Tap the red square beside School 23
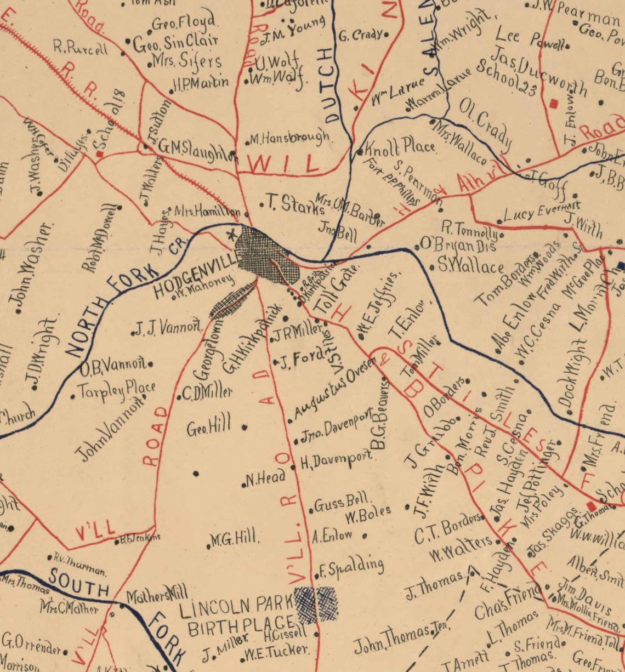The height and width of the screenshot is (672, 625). click(554, 102)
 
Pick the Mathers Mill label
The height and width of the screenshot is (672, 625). click(156, 594)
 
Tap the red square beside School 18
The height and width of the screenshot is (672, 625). click(100, 155)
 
